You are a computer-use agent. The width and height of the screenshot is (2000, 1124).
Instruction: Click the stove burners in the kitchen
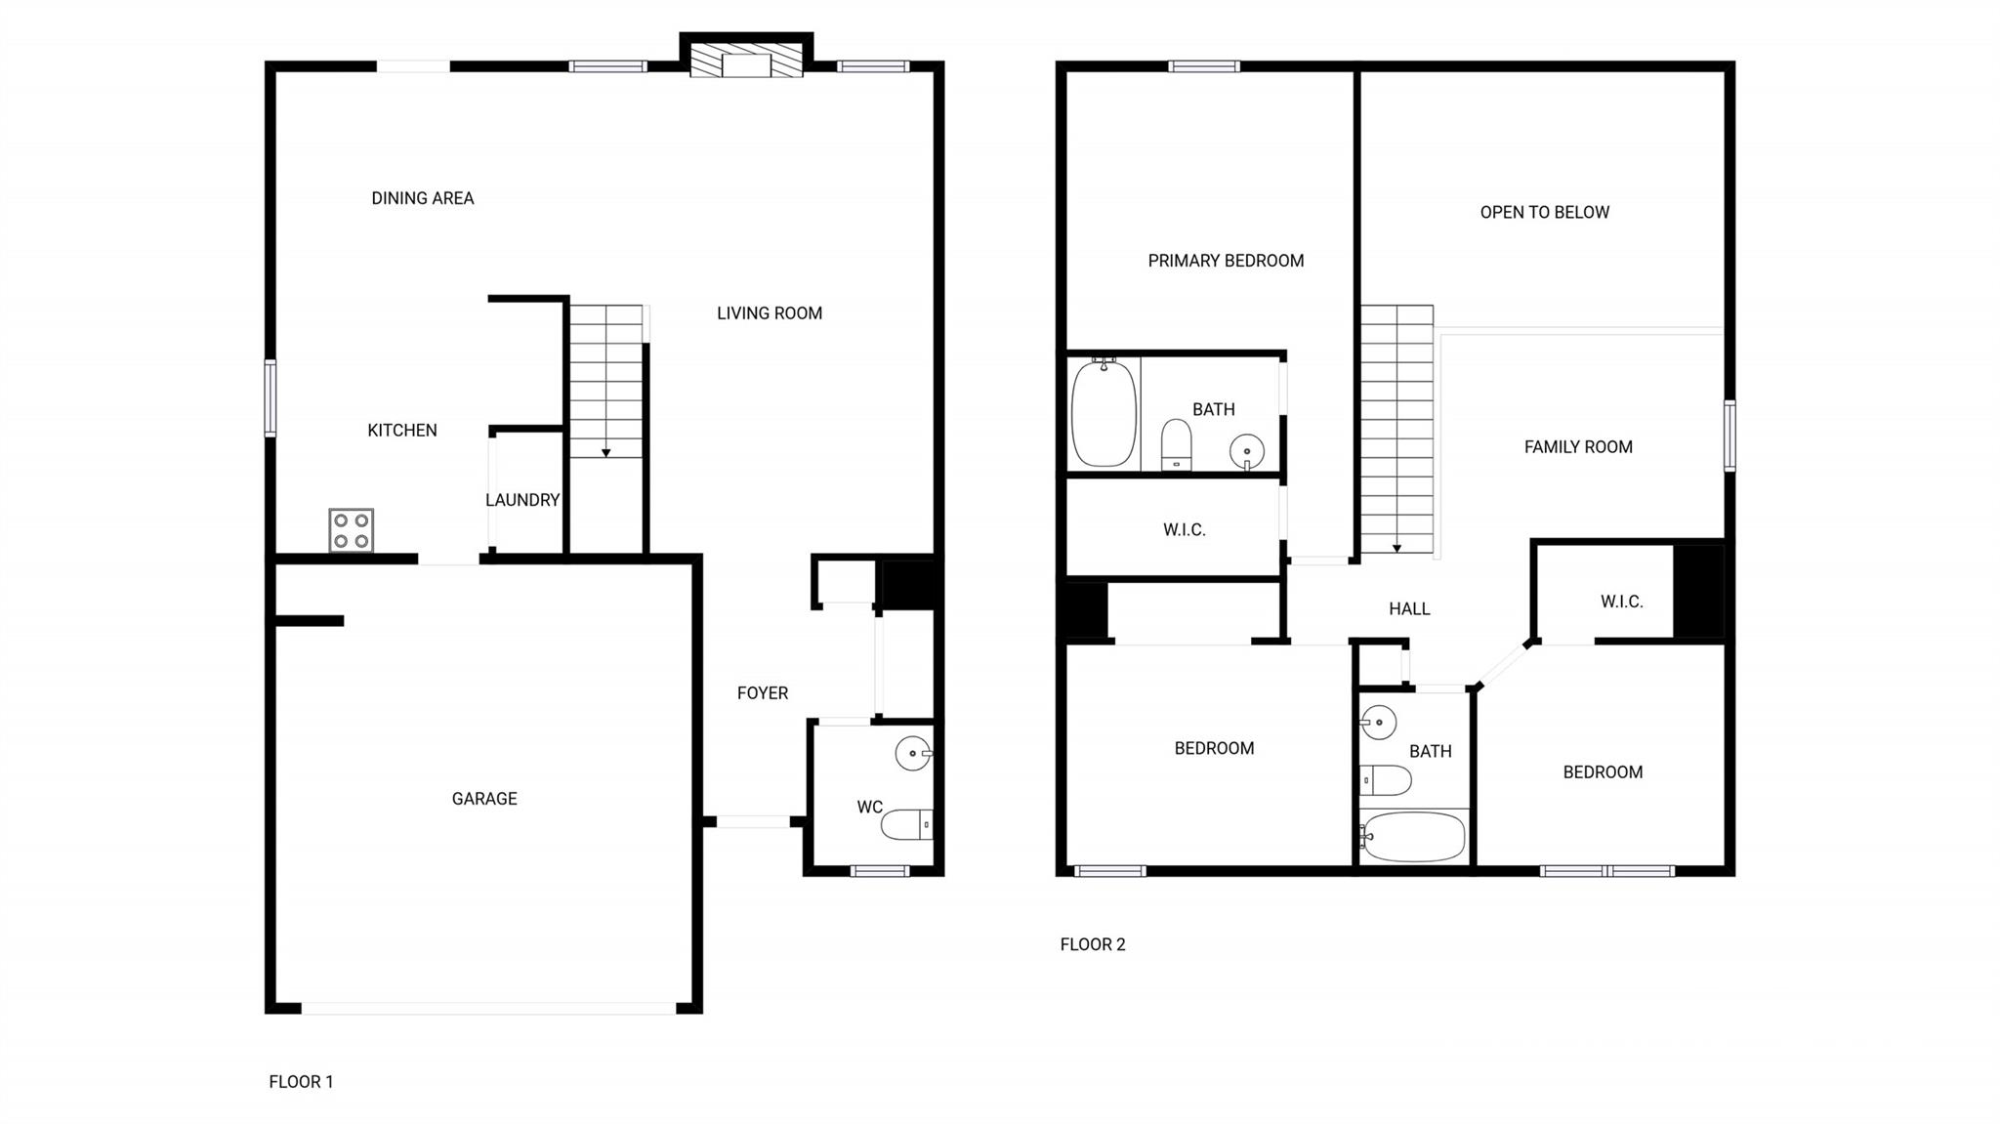[352, 530]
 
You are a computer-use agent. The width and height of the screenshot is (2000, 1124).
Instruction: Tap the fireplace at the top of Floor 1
[746, 60]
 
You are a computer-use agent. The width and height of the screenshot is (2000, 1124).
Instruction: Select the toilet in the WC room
[907, 825]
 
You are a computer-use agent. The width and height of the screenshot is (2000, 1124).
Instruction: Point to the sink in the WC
[914, 753]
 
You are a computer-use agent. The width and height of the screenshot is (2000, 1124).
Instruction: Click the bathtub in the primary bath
[1104, 414]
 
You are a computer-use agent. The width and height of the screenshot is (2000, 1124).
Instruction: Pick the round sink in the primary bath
[1247, 452]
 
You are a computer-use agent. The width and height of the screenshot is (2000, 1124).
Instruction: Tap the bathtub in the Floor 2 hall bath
[1413, 837]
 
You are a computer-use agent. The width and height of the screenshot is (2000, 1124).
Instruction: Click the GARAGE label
[484, 799]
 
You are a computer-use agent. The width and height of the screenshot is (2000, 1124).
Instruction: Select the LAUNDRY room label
[522, 500]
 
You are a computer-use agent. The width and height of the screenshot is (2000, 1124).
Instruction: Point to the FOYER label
[763, 693]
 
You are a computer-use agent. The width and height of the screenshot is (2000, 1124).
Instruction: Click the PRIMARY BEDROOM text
[1226, 261]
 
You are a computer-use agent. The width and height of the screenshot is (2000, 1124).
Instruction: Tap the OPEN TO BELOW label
[1545, 212]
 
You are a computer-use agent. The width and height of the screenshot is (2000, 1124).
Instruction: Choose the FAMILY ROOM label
[1578, 447]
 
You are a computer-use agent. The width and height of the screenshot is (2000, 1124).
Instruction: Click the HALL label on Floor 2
[1409, 609]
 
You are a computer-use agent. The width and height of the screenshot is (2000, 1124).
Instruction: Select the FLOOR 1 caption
[301, 1082]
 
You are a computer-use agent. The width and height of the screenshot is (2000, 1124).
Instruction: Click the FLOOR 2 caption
[1093, 944]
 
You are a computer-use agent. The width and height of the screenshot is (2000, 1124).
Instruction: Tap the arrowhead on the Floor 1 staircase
[606, 453]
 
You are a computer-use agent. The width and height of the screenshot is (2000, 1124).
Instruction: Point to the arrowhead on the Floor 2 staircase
[1397, 549]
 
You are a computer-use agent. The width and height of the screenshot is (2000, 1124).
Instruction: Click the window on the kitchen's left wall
[271, 397]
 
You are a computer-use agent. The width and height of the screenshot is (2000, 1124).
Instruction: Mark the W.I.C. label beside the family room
[1622, 602]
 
